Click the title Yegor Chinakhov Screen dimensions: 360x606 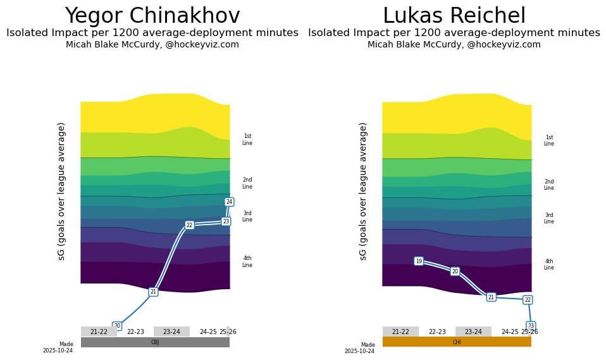pos(152,16)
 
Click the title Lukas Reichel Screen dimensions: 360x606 pos(454,16)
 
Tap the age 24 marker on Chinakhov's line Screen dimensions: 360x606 pos(229,202)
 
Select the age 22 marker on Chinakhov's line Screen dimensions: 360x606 pos(189,225)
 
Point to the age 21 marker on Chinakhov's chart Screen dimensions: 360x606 pos(153,292)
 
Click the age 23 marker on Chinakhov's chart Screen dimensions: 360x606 pos(226,221)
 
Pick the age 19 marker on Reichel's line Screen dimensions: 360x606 pos(418,261)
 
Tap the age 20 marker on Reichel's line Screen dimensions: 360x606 pos(455,271)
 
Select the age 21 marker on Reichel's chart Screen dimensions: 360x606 pos(491,297)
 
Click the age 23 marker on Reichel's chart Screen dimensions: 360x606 pos(531,326)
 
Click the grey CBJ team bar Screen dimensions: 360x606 pos(155,342)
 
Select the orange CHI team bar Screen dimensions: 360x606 pos(457,342)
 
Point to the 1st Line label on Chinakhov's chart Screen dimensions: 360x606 pos(247,140)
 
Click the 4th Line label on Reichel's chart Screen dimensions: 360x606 pos(548,264)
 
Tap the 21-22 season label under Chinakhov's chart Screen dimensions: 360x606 pos(99,332)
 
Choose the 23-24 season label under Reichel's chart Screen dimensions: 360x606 pos(473,332)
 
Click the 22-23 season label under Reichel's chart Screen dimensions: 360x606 pos(437,332)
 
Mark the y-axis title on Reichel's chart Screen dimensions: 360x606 pos(363,191)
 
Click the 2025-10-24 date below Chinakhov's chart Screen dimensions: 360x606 pos(58,351)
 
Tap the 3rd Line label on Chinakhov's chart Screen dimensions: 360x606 pos(247,216)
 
